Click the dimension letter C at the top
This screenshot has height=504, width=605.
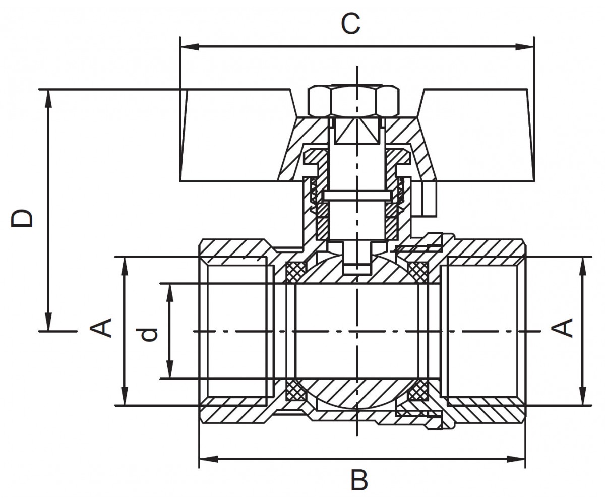pos(350,24)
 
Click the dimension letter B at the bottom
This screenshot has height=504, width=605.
pos(359,480)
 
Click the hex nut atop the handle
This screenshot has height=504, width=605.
pos(353,100)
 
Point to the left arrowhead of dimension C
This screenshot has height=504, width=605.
pos(190,47)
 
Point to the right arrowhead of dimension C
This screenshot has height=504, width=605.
pos(524,47)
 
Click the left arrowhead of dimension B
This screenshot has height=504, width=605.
pos(209,459)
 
